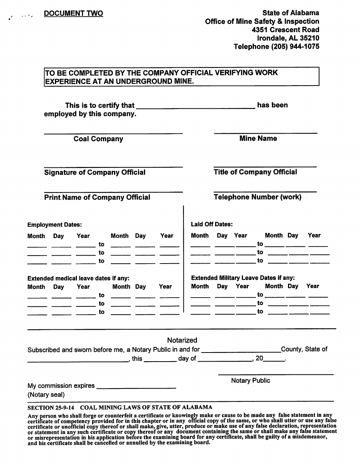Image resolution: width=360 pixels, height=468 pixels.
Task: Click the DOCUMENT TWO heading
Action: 73,14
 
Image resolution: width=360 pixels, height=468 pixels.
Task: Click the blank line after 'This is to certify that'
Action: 195,108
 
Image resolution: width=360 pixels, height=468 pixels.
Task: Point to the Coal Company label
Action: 98,139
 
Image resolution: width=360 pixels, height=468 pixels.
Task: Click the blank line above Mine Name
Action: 265,133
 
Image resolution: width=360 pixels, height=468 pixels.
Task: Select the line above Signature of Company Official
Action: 113,167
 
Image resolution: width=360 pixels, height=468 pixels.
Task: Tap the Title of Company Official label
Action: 255,172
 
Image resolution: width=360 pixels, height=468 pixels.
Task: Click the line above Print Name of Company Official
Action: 113,192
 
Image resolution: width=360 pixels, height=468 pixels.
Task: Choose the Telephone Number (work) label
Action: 258,197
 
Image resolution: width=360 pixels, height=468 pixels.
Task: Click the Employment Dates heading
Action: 55,225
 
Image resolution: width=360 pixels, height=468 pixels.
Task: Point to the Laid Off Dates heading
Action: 212,225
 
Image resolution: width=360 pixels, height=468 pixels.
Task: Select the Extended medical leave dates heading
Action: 78,278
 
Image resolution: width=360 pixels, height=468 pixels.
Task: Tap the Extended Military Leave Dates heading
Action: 243,278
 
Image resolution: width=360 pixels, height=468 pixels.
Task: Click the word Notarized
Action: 182,340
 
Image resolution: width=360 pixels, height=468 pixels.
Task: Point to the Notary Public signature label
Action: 250,381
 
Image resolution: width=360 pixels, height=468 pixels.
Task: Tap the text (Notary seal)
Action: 46,395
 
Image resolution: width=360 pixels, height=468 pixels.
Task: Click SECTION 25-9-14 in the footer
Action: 51,407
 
